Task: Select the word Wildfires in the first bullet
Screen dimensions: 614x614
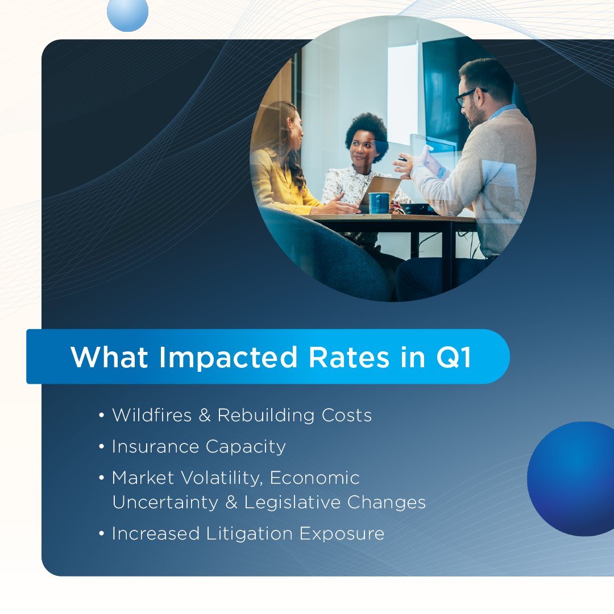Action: (152, 415)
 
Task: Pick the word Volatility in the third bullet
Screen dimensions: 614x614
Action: (221, 478)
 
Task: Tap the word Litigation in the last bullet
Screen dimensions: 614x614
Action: (247, 533)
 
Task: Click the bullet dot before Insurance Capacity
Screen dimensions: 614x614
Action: (102, 447)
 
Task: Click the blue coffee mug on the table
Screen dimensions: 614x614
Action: (379, 203)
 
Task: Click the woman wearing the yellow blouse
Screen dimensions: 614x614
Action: (281, 171)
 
